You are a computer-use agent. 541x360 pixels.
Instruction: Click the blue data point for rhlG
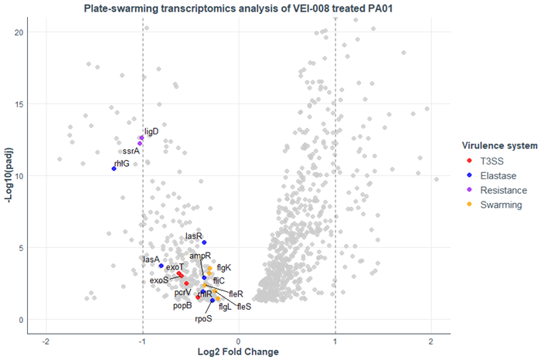point(114,168)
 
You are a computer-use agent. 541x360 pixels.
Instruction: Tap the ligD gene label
point(151,131)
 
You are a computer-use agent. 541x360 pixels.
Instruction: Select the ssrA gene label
point(131,151)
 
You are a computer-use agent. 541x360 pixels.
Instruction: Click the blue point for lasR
point(204,243)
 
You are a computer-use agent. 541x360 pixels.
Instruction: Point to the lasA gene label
point(151,260)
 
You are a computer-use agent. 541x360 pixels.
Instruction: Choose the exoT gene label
point(175,267)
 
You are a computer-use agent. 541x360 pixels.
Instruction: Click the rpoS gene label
point(203,318)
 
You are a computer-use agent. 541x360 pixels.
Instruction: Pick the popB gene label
point(182,305)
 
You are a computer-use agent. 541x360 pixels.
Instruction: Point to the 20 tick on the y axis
point(20,32)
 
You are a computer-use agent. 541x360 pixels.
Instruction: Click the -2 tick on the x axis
point(46,341)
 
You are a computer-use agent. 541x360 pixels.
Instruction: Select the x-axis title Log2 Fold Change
point(238,352)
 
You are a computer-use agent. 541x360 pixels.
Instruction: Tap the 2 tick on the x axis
point(430,341)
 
